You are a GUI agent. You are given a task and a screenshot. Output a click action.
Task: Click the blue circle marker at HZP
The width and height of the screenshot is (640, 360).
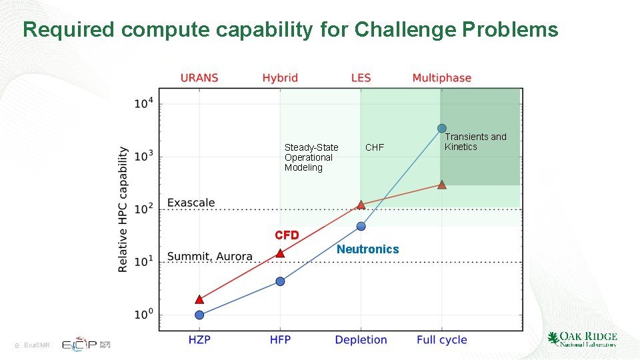199,315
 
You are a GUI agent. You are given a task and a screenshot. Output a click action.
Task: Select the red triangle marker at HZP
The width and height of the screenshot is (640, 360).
199,299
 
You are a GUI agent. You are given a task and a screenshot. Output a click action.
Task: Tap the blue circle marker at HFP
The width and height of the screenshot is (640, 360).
280,281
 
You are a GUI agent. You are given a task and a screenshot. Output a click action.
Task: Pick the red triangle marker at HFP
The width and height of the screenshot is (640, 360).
280,253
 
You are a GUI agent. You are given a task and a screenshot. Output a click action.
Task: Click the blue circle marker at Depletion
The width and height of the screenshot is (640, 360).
361,226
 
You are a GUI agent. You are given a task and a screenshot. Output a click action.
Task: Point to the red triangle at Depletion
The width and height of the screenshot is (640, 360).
361,205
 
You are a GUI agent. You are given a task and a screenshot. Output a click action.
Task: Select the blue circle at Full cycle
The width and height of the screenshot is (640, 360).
442,128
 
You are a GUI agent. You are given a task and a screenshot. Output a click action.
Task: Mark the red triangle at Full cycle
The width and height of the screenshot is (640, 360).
442,185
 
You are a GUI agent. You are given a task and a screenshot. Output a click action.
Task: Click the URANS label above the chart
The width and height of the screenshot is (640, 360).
199,78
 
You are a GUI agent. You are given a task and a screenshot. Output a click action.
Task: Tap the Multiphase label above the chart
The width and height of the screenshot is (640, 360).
441,78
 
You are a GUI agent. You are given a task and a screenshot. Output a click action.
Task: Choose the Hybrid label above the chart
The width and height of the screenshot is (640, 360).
280,78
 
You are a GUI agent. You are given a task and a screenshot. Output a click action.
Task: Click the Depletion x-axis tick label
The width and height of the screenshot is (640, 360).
361,340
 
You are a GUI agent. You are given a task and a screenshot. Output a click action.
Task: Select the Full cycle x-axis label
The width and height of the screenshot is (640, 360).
442,340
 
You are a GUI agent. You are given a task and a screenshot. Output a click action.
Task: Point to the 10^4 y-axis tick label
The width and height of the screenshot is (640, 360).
144,103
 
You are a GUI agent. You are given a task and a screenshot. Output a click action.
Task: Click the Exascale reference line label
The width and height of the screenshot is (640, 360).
191,202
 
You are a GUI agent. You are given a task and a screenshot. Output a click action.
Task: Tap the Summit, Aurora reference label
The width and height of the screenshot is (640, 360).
209,257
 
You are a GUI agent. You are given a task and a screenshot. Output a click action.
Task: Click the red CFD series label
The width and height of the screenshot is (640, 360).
287,235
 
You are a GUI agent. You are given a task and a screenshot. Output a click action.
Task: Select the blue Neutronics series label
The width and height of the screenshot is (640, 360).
367,249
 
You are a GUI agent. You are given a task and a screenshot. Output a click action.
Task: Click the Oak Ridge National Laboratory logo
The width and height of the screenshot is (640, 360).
582,339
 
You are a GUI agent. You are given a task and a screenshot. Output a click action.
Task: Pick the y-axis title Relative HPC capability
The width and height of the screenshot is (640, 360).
123,209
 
